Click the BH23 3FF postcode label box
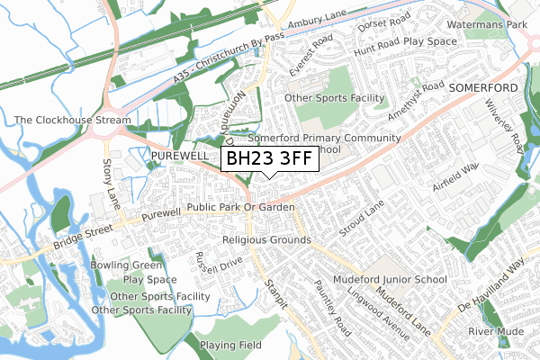268,160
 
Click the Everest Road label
311,56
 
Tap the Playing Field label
231,345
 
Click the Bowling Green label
127,265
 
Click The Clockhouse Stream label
72,120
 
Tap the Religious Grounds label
266,240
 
